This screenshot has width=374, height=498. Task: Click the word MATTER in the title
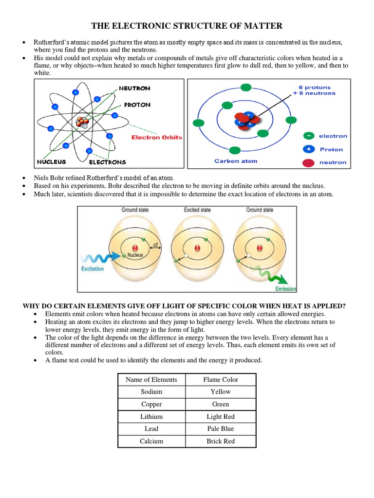click(261, 26)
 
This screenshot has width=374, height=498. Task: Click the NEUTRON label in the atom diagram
click(134, 89)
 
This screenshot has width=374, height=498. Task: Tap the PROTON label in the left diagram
click(137, 105)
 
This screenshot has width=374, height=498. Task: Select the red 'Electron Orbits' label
click(156, 137)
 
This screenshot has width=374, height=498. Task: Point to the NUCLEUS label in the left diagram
click(52, 161)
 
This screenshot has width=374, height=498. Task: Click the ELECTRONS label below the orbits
click(107, 162)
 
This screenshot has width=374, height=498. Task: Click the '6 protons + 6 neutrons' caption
click(317, 90)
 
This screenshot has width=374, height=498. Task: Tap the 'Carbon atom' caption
click(236, 161)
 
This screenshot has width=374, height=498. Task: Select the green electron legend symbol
click(308, 136)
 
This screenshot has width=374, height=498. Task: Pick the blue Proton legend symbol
click(308, 149)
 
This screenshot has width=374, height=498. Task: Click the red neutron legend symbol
click(308, 162)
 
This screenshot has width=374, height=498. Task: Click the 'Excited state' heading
click(197, 210)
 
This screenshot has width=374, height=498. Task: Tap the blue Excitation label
click(93, 268)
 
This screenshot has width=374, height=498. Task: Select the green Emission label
click(285, 289)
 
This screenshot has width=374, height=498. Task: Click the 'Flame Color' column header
click(221, 379)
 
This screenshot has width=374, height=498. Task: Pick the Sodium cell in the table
click(151, 391)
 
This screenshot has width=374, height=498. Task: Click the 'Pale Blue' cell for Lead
click(221, 428)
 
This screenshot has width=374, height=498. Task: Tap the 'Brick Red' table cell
click(221, 441)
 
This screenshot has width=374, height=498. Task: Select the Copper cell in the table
click(151, 404)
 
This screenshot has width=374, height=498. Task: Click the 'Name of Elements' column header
click(151, 379)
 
